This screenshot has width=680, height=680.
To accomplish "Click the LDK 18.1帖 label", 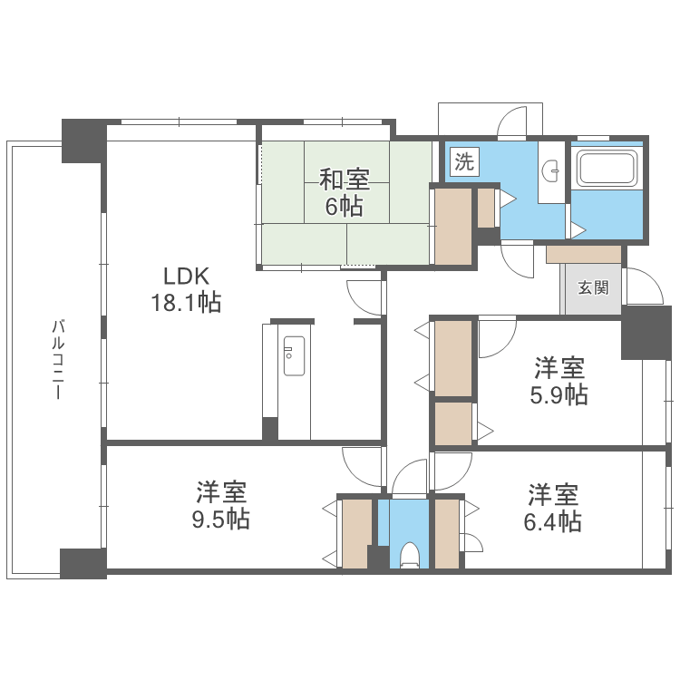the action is (186, 289).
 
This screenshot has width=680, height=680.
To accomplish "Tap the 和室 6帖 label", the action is (345, 192).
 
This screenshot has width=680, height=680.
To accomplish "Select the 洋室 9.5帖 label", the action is (221, 505).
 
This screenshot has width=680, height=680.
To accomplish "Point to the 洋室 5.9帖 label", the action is (559, 381).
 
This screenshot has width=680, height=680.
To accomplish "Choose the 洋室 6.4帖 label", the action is (552, 508).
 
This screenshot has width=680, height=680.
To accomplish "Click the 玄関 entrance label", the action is (593, 287).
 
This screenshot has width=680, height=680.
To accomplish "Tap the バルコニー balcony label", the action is (58, 359).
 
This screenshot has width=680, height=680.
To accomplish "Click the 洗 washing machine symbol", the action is (464, 161).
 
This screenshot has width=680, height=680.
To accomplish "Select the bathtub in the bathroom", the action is (607, 168).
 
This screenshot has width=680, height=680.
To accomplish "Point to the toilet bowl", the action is (409, 555).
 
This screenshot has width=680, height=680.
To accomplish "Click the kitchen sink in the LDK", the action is (294, 355).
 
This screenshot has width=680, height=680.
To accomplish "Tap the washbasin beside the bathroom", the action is (551, 170).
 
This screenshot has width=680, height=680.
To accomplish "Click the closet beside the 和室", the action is (453, 226).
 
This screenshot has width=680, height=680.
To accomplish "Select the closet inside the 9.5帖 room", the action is (357, 534).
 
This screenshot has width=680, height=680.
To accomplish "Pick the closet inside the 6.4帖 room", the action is (447, 534).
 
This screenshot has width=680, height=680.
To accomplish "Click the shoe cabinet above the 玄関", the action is (583, 255).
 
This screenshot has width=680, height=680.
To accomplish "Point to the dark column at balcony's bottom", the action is (83, 563).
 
